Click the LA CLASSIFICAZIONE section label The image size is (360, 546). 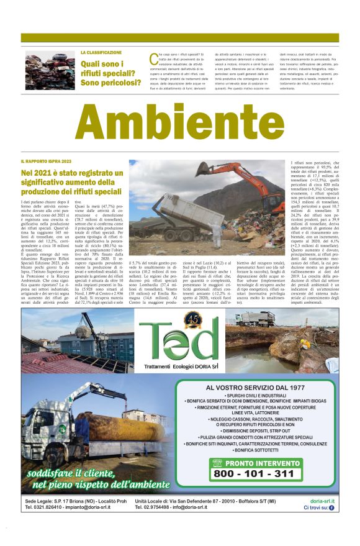[101, 52]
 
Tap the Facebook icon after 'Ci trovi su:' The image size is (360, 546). [331, 507]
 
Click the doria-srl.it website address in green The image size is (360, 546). [322, 501]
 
